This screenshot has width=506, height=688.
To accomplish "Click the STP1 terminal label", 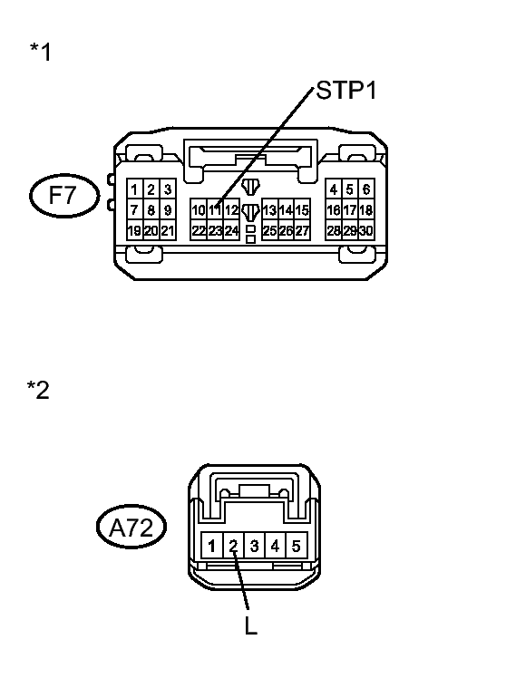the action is (x=346, y=91).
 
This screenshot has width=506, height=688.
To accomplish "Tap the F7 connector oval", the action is (x=64, y=195).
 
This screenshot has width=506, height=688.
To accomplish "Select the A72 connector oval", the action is (x=131, y=527).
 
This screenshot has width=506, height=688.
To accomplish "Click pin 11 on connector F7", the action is (x=215, y=210).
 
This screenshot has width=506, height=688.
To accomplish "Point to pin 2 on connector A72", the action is (x=233, y=546).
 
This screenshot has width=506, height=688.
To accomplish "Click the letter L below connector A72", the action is (x=250, y=625).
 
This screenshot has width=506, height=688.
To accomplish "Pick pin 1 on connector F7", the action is (x=135, y=189).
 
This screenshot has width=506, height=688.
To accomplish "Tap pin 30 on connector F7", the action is (x=366, y=230).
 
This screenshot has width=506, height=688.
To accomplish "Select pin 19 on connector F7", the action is (x=135, y=230).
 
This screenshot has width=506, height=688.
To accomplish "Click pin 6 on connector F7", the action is (x=366, y=189).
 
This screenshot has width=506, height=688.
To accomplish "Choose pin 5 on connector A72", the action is (x=297, y=546).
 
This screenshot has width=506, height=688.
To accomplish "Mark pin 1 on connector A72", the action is (x=212, y=546).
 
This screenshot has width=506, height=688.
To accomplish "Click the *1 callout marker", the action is (x=41, y=52).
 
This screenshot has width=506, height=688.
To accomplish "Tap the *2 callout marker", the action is (x=38, y=390).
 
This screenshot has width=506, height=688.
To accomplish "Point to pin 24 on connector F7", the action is (x=231, y=230).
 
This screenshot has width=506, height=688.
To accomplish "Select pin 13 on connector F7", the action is (x=270, y=210).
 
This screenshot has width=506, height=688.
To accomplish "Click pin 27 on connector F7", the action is (x=302, y=230).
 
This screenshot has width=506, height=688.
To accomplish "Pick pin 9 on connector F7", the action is (x=168, y=210).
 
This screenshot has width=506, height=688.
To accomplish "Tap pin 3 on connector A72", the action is (x=254, y=546).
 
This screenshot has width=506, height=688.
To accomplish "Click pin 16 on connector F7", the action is (x=334, y=210).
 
